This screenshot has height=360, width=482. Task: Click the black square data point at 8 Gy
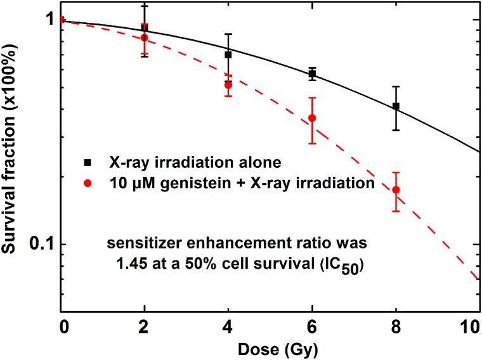(396, 106)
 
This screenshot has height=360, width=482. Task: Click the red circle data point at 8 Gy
(396, 190)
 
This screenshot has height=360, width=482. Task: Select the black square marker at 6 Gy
(312, 74)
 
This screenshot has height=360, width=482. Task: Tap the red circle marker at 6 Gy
(312, 118)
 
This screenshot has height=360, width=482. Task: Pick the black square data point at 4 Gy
(228, 55)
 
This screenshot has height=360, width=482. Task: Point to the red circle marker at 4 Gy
(228, 84)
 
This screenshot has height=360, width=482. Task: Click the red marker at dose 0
(62, 20)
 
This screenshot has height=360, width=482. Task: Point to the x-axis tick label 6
(312, 330)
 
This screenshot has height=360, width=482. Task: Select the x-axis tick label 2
(145, 330)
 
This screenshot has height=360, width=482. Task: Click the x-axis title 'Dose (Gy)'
(270, 349)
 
